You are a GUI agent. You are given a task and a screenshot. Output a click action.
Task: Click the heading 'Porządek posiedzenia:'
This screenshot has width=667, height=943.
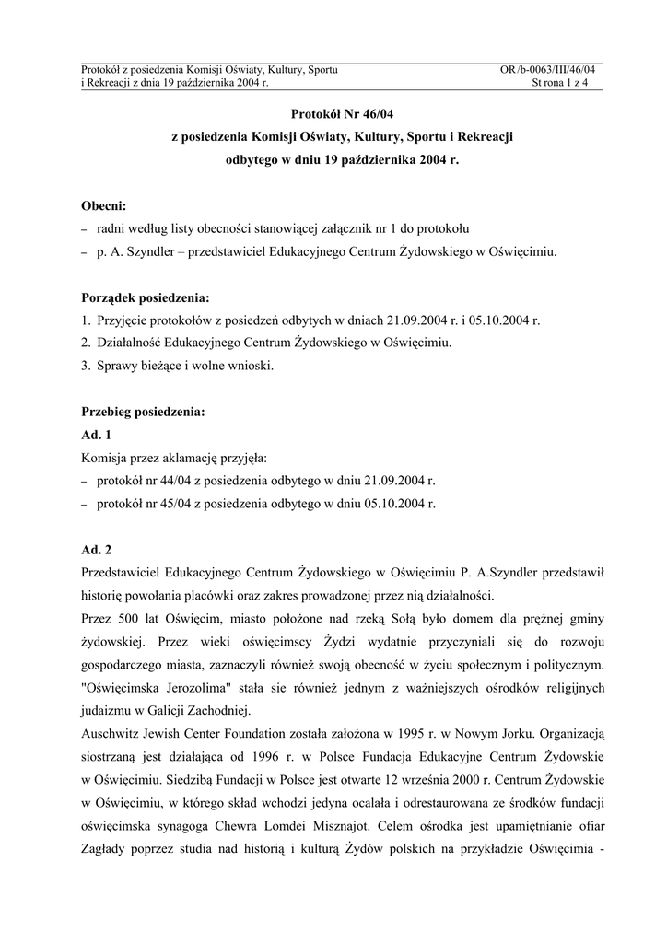pos(145,297)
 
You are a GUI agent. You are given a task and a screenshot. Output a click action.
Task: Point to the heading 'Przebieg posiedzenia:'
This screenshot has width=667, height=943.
pos(142,413)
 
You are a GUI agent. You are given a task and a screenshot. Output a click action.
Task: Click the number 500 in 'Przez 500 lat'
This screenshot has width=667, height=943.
pos(125,619)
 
